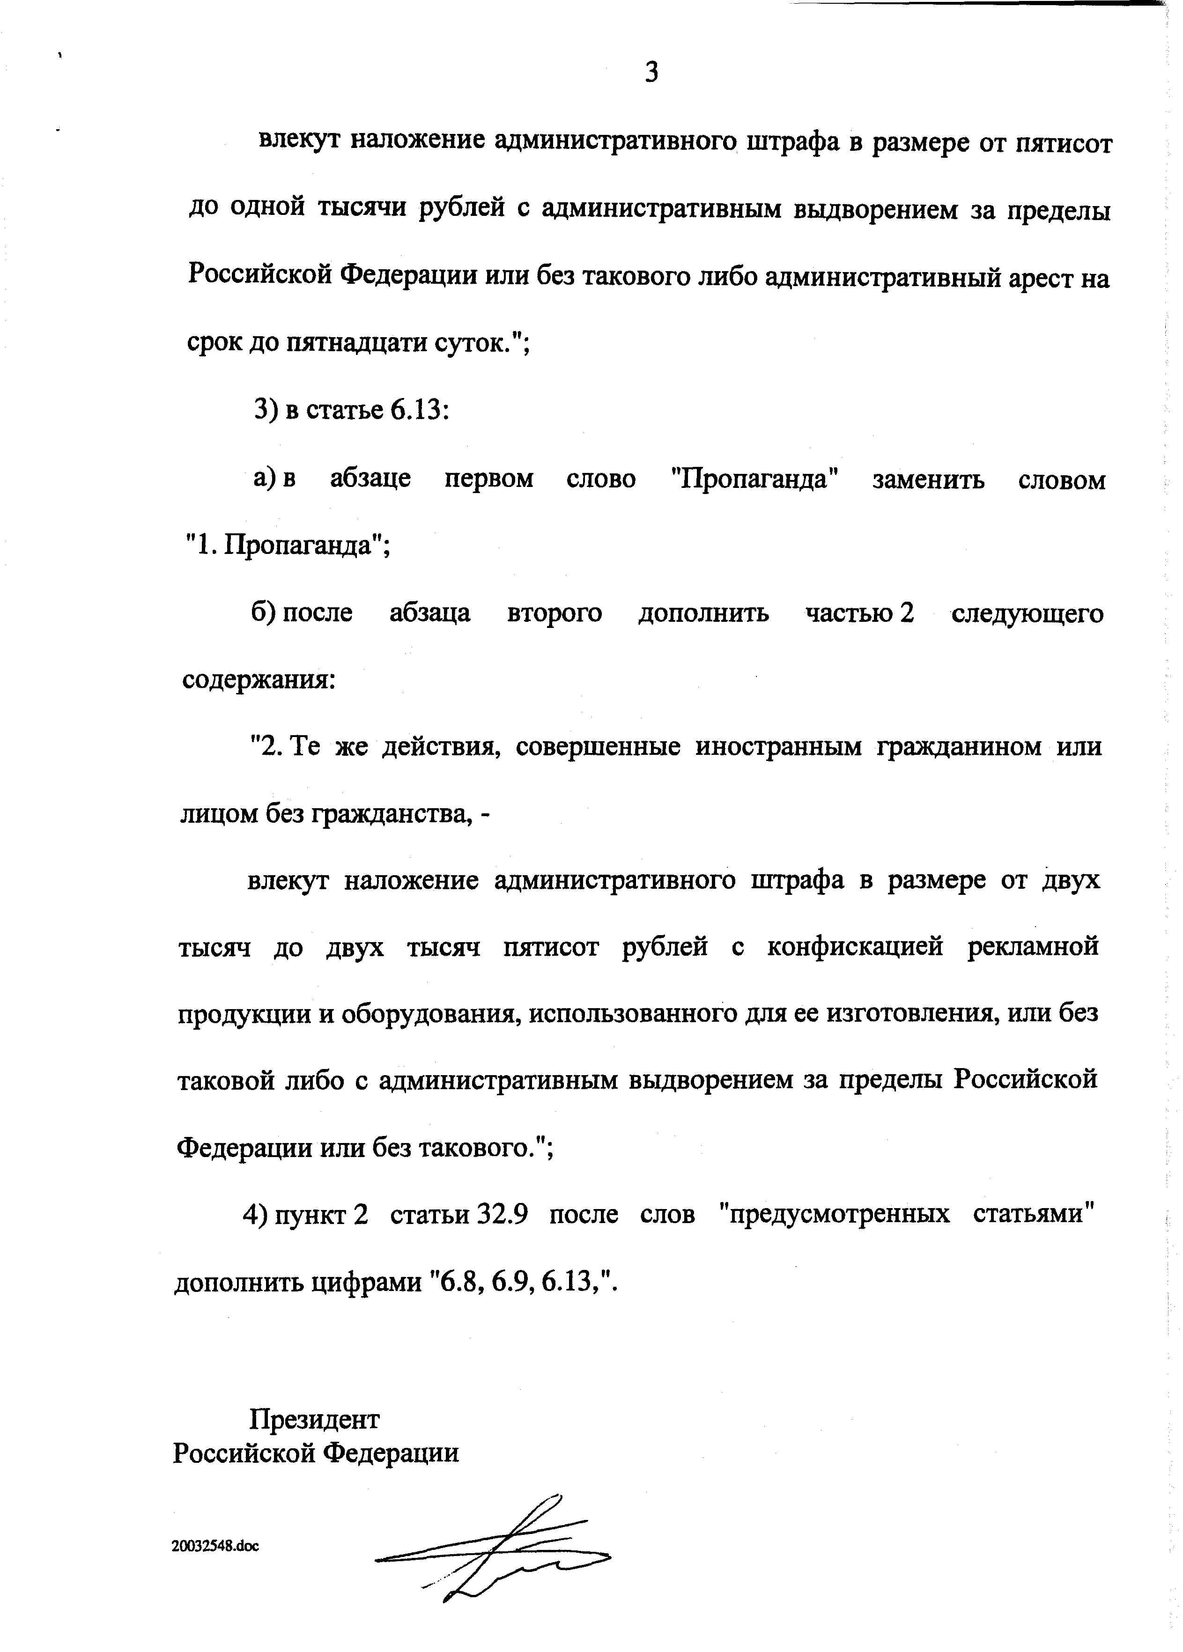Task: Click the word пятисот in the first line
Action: (1064, 143)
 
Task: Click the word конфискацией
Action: (855, 947)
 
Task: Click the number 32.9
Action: (501, 1214)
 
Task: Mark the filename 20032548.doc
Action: (215, 1546)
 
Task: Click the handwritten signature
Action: (495, 1548)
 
